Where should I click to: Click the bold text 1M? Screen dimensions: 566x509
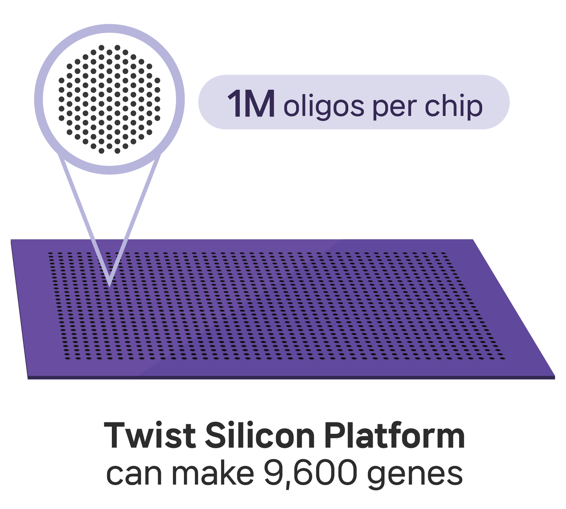click(x=251, y=103)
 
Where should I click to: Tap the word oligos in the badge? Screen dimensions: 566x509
click(x=324, y=107)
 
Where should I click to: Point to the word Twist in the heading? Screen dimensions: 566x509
click(x=150, y=435)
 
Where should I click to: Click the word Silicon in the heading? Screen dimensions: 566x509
click(x=260, y=435)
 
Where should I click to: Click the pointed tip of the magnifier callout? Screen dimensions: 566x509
click(x=109, y=287)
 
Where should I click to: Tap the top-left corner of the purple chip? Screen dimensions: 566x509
click(x=11, y=239)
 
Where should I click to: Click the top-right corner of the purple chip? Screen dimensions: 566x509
click(x=473, y=239)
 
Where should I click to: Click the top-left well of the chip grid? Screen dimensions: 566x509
click(x=51, y=254)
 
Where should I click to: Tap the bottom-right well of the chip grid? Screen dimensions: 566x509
click(x=502, y=358)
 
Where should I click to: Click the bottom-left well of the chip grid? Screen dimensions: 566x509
click(x=68, y=358)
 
